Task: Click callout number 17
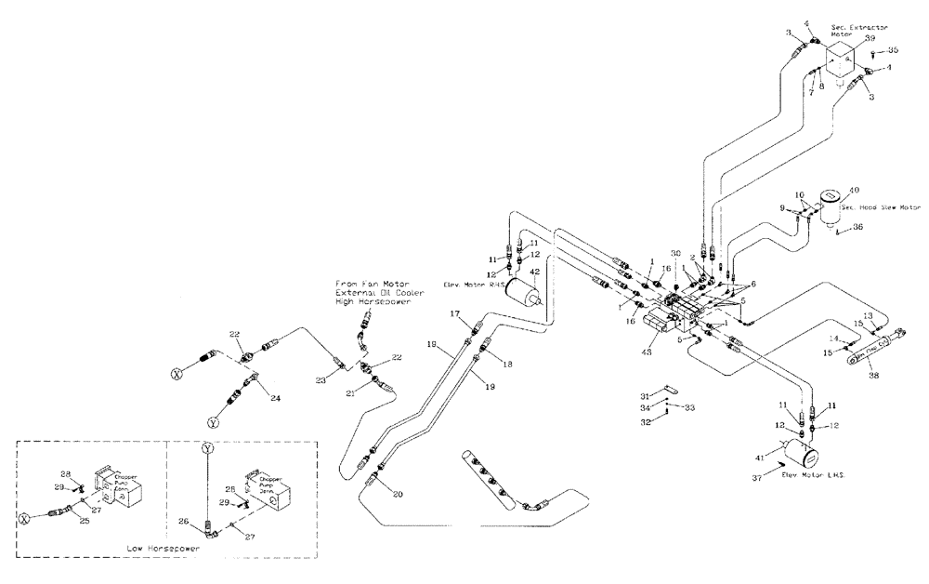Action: [x=455, y=316]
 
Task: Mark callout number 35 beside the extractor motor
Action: [x=893, y=50]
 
